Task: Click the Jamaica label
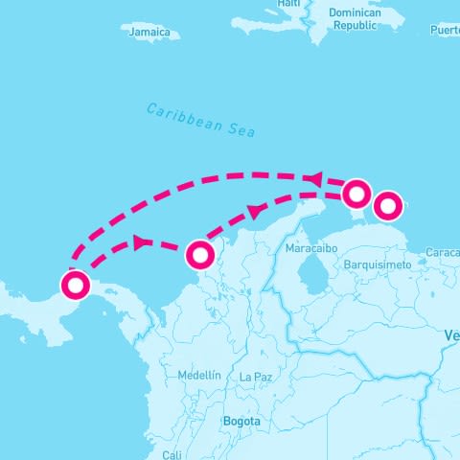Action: [152, 33]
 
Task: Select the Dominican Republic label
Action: [354, 19]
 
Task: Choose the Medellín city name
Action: [199, 375]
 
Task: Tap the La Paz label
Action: [256, 378]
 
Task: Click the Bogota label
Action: [241, 422]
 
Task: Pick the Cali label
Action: [172, 454]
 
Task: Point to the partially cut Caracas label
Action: [442, 253]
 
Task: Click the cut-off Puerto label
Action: [445, 31]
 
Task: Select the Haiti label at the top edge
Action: [288, 4]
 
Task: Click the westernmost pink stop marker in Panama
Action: [75, 285]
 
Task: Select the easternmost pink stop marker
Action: [387, 205]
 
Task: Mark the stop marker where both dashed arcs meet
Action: [356, 194]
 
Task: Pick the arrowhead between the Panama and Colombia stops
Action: [141, 242]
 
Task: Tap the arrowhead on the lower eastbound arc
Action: [255, 211]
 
